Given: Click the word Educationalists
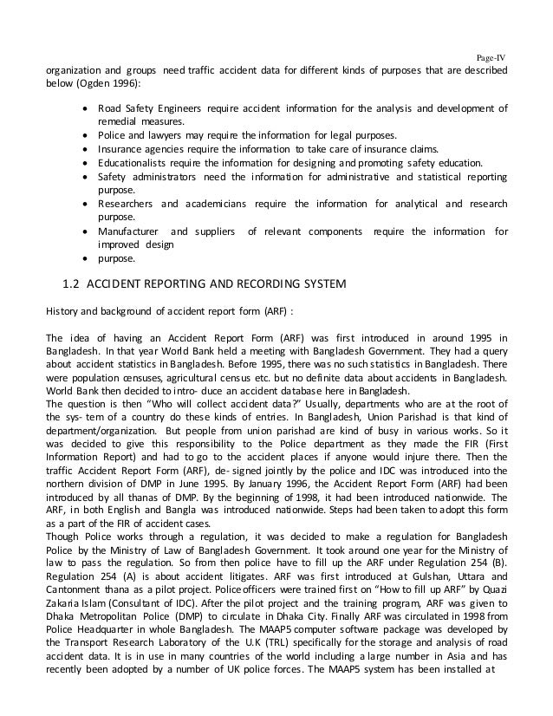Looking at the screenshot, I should pos(133,161).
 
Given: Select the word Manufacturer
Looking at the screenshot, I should pos(130,231).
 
